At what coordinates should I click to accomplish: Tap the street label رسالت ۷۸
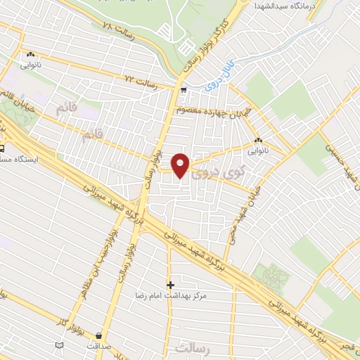pyautogui.click(x=118, y=25)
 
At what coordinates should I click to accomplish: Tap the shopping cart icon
pyautogui.click(x=184, y=90)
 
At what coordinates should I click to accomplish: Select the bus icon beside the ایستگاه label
pyautogui.click(x=2, y=148)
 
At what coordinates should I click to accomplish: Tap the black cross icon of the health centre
pyautogui.click(x=170, y=285)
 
